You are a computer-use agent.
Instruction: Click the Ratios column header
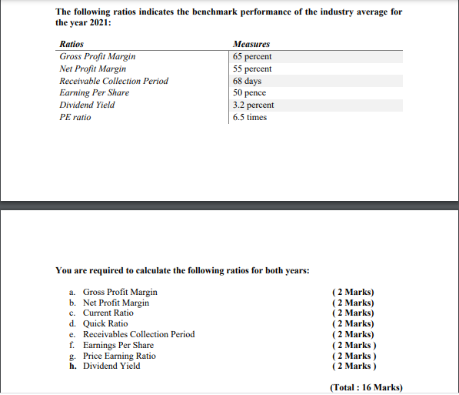click(72, 45)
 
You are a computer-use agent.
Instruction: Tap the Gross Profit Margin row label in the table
click(98, 57)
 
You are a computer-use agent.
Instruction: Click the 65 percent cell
click(252, 57)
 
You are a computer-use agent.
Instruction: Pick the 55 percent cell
click(252, 69)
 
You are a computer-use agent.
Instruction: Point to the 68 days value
click(248, 81)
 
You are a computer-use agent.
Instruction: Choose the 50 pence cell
click(249, 93)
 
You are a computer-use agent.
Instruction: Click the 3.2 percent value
click(253, 105)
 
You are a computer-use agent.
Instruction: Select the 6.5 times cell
click(250, 117)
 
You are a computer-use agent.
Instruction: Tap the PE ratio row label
click(75, 117)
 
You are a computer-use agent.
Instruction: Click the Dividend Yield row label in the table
click(87, 105)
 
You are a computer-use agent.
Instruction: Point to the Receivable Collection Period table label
click(114, 81)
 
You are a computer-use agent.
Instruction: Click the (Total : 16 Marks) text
click(365, 387)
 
